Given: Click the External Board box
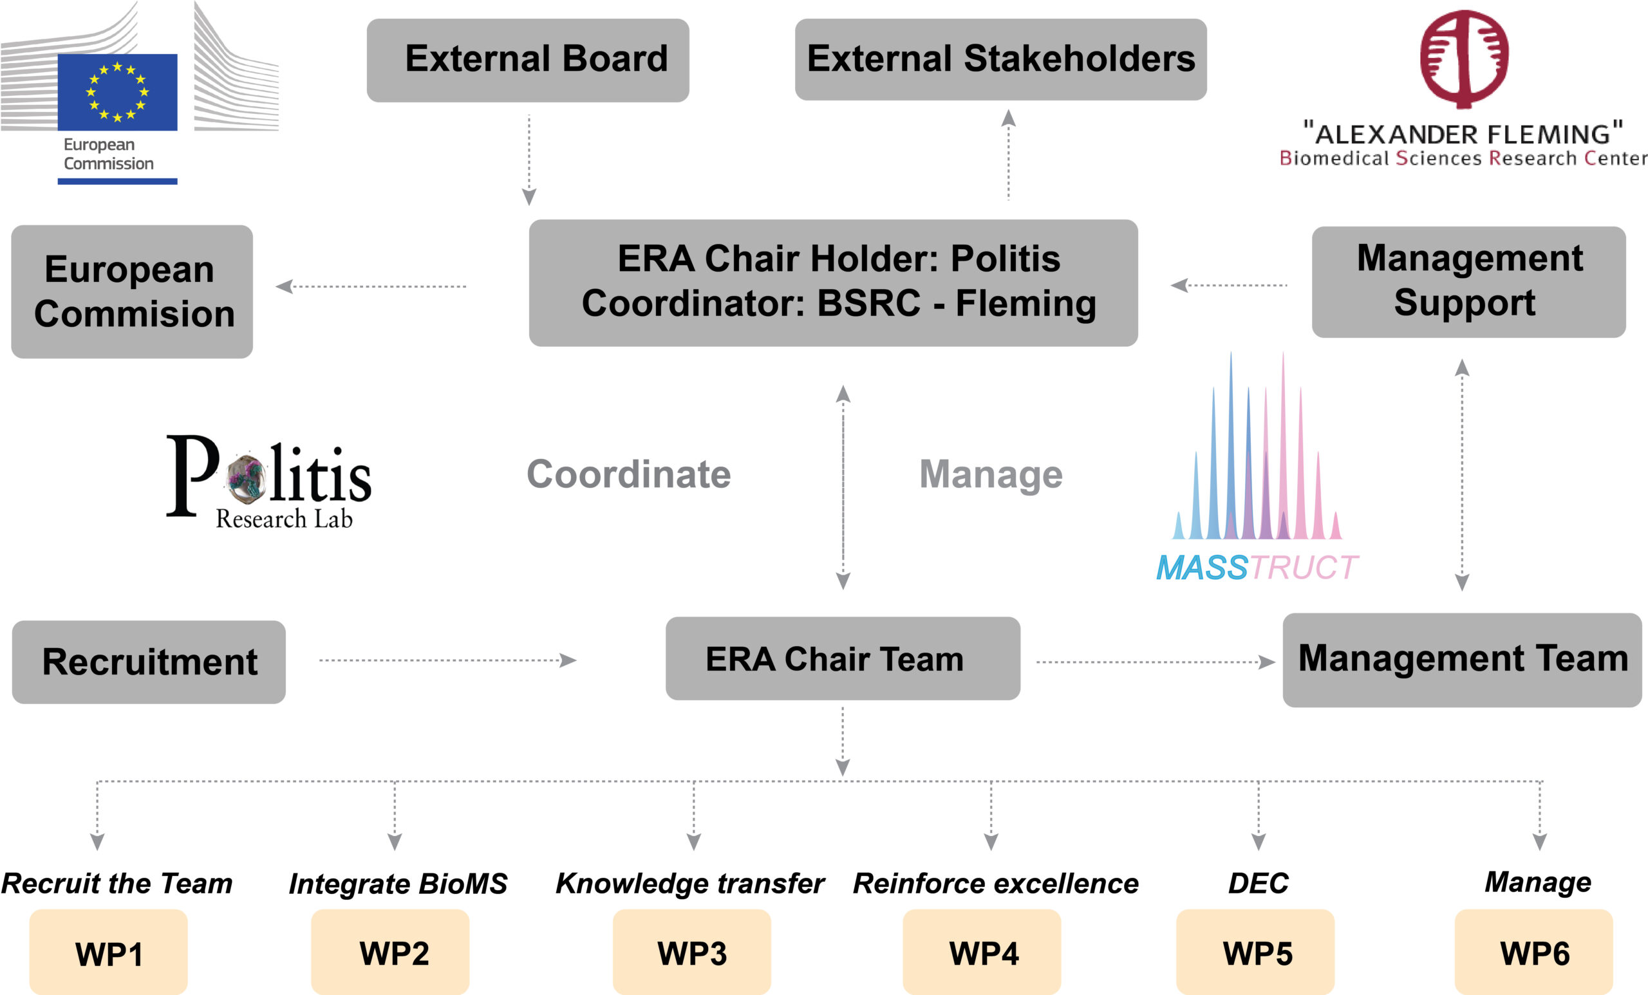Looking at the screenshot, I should [x=528, y=60].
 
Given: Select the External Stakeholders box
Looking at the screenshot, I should [x=1000, y=59].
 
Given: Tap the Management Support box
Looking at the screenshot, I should [x=1469, y=281].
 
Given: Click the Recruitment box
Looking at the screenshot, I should [x=149, y=662].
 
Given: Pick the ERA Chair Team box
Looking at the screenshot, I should [x=843, y=658].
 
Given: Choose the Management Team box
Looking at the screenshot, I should [x=1462, y=659].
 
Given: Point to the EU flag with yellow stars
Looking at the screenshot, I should [x=117, y=91].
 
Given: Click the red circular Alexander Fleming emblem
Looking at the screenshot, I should [x=1464, y=58].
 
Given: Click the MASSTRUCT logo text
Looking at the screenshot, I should [x=1256, y=568].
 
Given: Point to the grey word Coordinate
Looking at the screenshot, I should [x=629, y=474].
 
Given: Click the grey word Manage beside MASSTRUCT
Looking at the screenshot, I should [x=991, y=474].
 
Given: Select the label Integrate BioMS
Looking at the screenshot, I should [x=398, y=883].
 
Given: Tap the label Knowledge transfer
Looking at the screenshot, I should [x=689, y=883].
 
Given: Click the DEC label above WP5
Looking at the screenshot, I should [x=1258, y=883].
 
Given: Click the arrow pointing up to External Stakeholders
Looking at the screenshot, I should [x=1009, y=154].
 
